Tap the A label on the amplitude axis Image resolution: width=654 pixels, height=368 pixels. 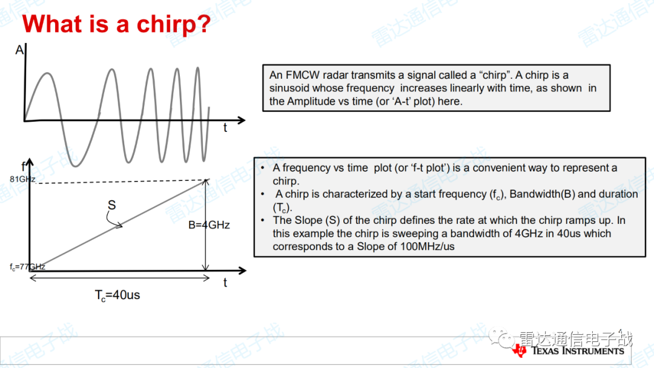(x=19, y=50)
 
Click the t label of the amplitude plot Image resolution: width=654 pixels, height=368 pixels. (x=225, y=128)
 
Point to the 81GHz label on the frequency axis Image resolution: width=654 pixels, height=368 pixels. (x=22, y=179)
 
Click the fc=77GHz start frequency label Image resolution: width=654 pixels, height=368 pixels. (x=27, y=267)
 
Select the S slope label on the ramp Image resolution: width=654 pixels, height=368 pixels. (x=112, y=205)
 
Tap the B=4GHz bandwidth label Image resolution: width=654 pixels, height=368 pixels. (x=209, y=225)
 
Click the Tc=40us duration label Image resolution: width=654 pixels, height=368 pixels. (x=117, y=295)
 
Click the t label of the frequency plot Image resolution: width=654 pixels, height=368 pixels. (x=225, y=283)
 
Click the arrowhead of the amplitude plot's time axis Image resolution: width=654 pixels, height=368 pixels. (x=242, y=120)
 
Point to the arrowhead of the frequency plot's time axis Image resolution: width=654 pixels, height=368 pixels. (x=242, y=271)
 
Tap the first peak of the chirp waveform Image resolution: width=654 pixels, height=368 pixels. (x=48, y=74)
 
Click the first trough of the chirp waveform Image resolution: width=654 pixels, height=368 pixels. (x=76, y=165)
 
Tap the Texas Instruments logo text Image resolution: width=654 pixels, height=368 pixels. (x=578, y=350)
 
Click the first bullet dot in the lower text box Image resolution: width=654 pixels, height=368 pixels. (x=263, y=168)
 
